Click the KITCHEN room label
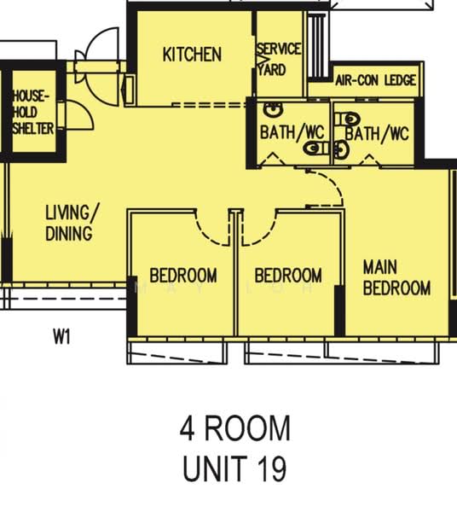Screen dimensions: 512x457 [192, 55]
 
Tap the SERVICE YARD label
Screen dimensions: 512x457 [279, 58]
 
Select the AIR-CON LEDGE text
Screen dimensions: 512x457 [376, 80]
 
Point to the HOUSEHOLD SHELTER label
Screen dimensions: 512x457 [32, 113]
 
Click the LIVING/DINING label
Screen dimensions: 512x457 [69, 221]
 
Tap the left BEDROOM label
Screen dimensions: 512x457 [182, 276]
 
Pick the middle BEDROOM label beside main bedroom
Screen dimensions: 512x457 [288, 276]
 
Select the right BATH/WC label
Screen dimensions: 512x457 [378, 133]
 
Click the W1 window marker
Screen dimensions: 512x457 [61, 337]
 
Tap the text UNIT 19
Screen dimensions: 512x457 [234, 468]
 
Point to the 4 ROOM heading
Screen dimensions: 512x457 [234, 428]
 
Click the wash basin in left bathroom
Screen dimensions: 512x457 [273, 110]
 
